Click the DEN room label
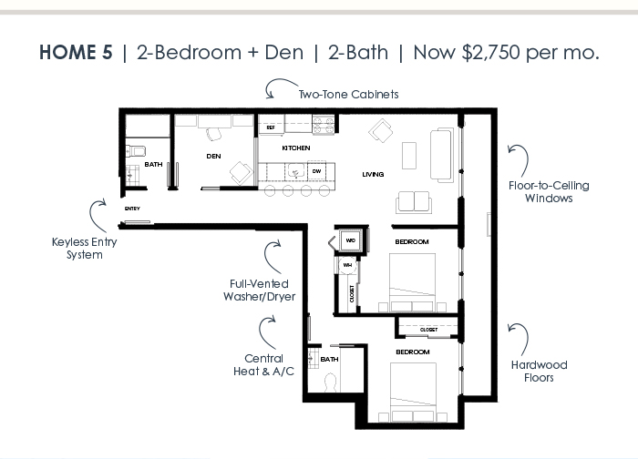(x=213, y=156)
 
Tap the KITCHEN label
(x=296, y=148)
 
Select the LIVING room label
(x=373, y=175)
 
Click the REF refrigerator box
(x=271, y=127)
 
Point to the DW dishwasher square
(x=316, y=171)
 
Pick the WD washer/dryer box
(x=350, y=240)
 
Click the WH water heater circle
(x=347, y=265)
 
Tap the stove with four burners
(x=324, y=124)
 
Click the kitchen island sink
(x=296, y=171)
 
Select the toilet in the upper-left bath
(x=136, y=152)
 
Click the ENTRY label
(x=132, y=209)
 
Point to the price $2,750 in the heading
(x=490, y=53)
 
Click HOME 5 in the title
(x=76, y=53)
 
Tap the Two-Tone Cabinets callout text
(x=349, y=95)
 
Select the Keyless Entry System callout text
(x=84, y=249)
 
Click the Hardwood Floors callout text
(x=540, y=372)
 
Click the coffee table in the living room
(x=409, y=156)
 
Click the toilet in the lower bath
(x=330, y=383)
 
